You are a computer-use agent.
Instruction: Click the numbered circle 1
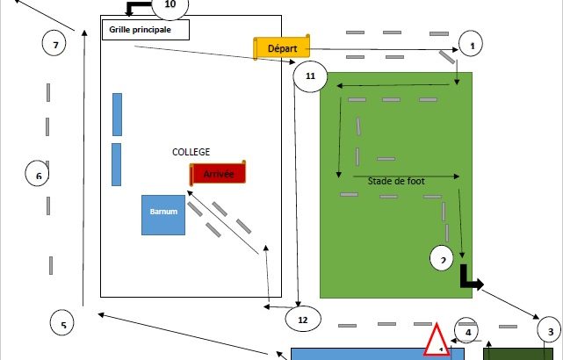coord(472,43)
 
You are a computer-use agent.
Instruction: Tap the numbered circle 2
coord(444,259)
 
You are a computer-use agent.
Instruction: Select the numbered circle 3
coord(550,330)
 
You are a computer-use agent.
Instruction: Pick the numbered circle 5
coord(63,324)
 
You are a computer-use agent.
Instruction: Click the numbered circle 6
coord(39,175)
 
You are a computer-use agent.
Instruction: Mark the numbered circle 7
coord(55,43)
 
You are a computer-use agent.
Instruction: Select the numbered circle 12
coord(303,320)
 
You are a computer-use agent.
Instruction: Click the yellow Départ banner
coord(282,47)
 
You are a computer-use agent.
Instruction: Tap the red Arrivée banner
coord(218,173)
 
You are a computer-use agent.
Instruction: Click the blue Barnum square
coord(163,214)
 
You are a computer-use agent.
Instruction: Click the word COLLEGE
coord(191,152)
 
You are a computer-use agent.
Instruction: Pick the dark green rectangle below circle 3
coord(523,353)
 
